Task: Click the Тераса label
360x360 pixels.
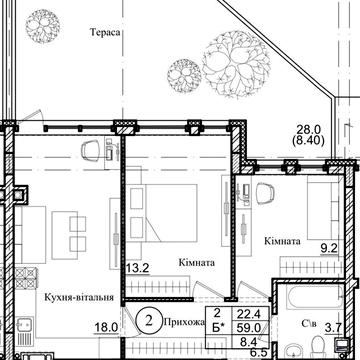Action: click(105, 32)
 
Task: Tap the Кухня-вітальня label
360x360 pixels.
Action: click(79, 298)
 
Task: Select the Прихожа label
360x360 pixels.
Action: click(184, 322)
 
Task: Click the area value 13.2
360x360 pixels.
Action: click(137, 267)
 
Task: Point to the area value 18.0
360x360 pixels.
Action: click(108, 328)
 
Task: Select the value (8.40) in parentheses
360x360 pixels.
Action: click(308, 141)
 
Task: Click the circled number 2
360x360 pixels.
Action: click(149, 321)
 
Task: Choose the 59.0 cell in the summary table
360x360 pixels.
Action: click(250, 328)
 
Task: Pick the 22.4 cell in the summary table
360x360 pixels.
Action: click(250, 314)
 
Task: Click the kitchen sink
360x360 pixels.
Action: click(24, 326)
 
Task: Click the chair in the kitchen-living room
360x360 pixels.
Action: click(91, 150)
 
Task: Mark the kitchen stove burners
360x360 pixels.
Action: click(25, 278)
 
